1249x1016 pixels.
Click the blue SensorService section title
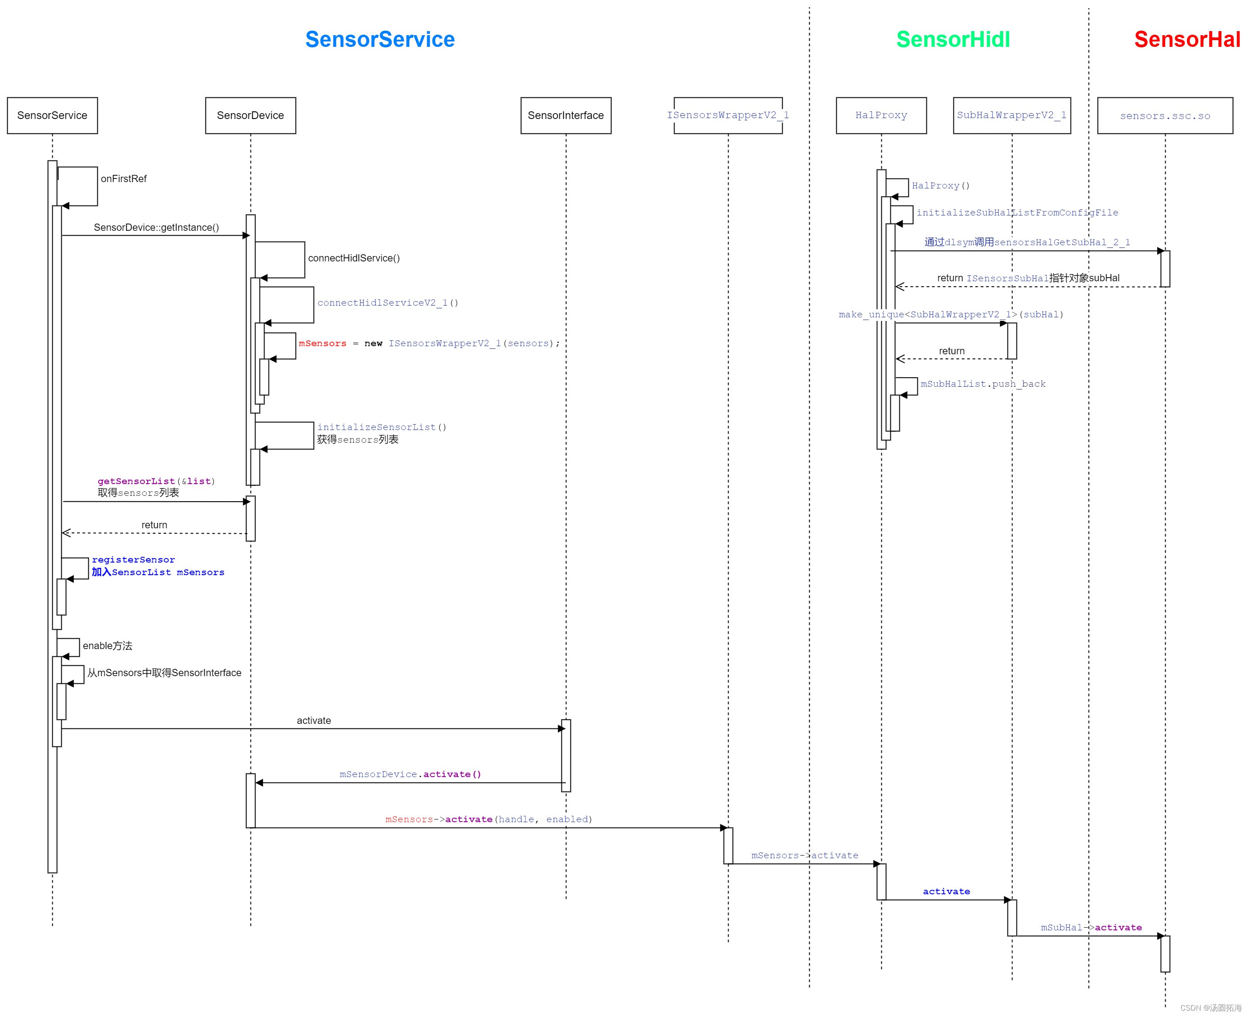point(380,39)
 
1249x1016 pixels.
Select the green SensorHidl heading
point(953,39)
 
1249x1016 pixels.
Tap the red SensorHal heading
point(1186,39)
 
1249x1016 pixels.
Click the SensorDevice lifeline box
point(251,115)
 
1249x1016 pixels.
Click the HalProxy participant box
point(880,115)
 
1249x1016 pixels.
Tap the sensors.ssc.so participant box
point(1164,116)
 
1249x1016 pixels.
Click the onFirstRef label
point(123,178)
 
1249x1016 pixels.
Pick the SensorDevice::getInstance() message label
point(156,227)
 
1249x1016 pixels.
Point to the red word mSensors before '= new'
point(322,343)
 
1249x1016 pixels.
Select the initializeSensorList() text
point(382,427)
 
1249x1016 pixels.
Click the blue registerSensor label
point(133,559)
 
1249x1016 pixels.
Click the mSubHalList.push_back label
point(982,384)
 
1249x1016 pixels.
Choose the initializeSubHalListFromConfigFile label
point(1017,212)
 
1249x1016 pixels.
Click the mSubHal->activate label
point(1090,927)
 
